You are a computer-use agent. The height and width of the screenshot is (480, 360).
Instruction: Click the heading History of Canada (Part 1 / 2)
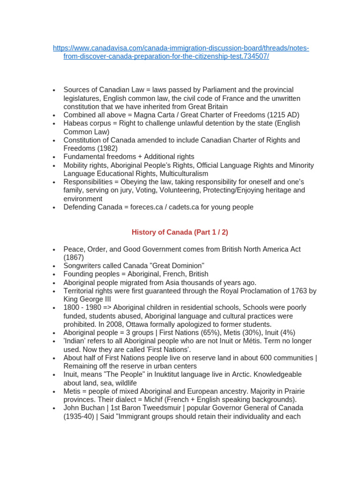[180, 232]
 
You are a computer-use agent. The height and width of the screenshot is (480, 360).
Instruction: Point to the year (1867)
[74, 257]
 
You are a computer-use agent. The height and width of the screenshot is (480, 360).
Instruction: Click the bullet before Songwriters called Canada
[54, 266]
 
